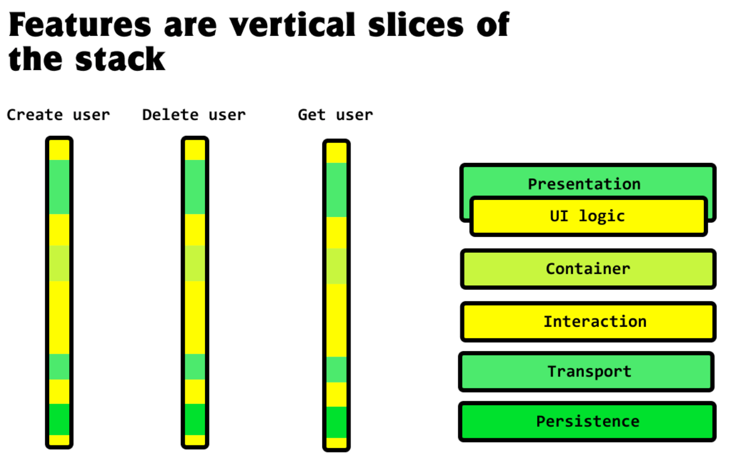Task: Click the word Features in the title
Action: (x=80, y=25)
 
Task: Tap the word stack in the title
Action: (x=121, y=59)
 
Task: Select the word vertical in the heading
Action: (x=292, y=24)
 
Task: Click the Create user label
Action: (x=59, y=115)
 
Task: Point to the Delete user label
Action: (x=194, y=115)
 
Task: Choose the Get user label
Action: (x=336, y=115)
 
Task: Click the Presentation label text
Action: (x=584, y=184)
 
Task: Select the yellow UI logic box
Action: (x=589, y=216)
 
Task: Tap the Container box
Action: (x=588, y=269)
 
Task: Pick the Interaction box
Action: (x=588, y=322)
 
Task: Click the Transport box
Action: (x=586, y=371)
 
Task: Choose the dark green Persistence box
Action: (x=587, y=422)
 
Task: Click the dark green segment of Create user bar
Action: (x=59, y=419)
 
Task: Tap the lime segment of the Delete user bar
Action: (x=195, y=264)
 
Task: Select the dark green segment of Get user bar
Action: (x=337, y=422)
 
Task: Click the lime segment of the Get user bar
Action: (x=337, y=267)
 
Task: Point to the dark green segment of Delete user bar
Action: (x=195, y=419)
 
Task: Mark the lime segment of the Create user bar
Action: (x=59, y=264)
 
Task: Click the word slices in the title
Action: (x=416, y=24)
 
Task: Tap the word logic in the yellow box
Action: (x=602, y=216)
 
